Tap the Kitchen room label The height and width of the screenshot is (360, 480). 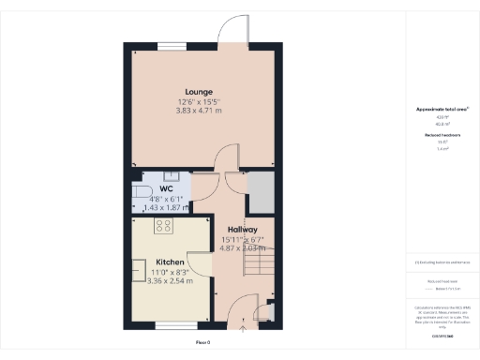pyautogui.click(x=170, y=261)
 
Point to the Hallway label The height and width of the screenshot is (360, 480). pyautogui.click(x=243, y=230)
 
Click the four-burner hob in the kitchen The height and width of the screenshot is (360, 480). pyautogui.click(x=162, y=226)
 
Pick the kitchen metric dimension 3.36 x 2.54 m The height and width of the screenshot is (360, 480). pyautogui.click(x=170, y=280)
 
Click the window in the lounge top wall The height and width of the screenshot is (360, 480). pyautogui.click(x=171, y=43)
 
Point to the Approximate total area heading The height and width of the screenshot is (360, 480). pyautogui.click(x=442, y=110)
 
